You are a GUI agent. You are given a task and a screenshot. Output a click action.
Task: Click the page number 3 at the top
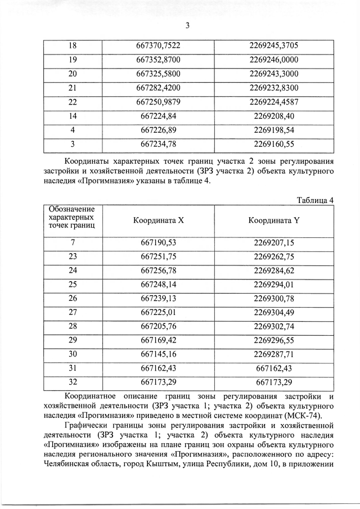tap(187, 25)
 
